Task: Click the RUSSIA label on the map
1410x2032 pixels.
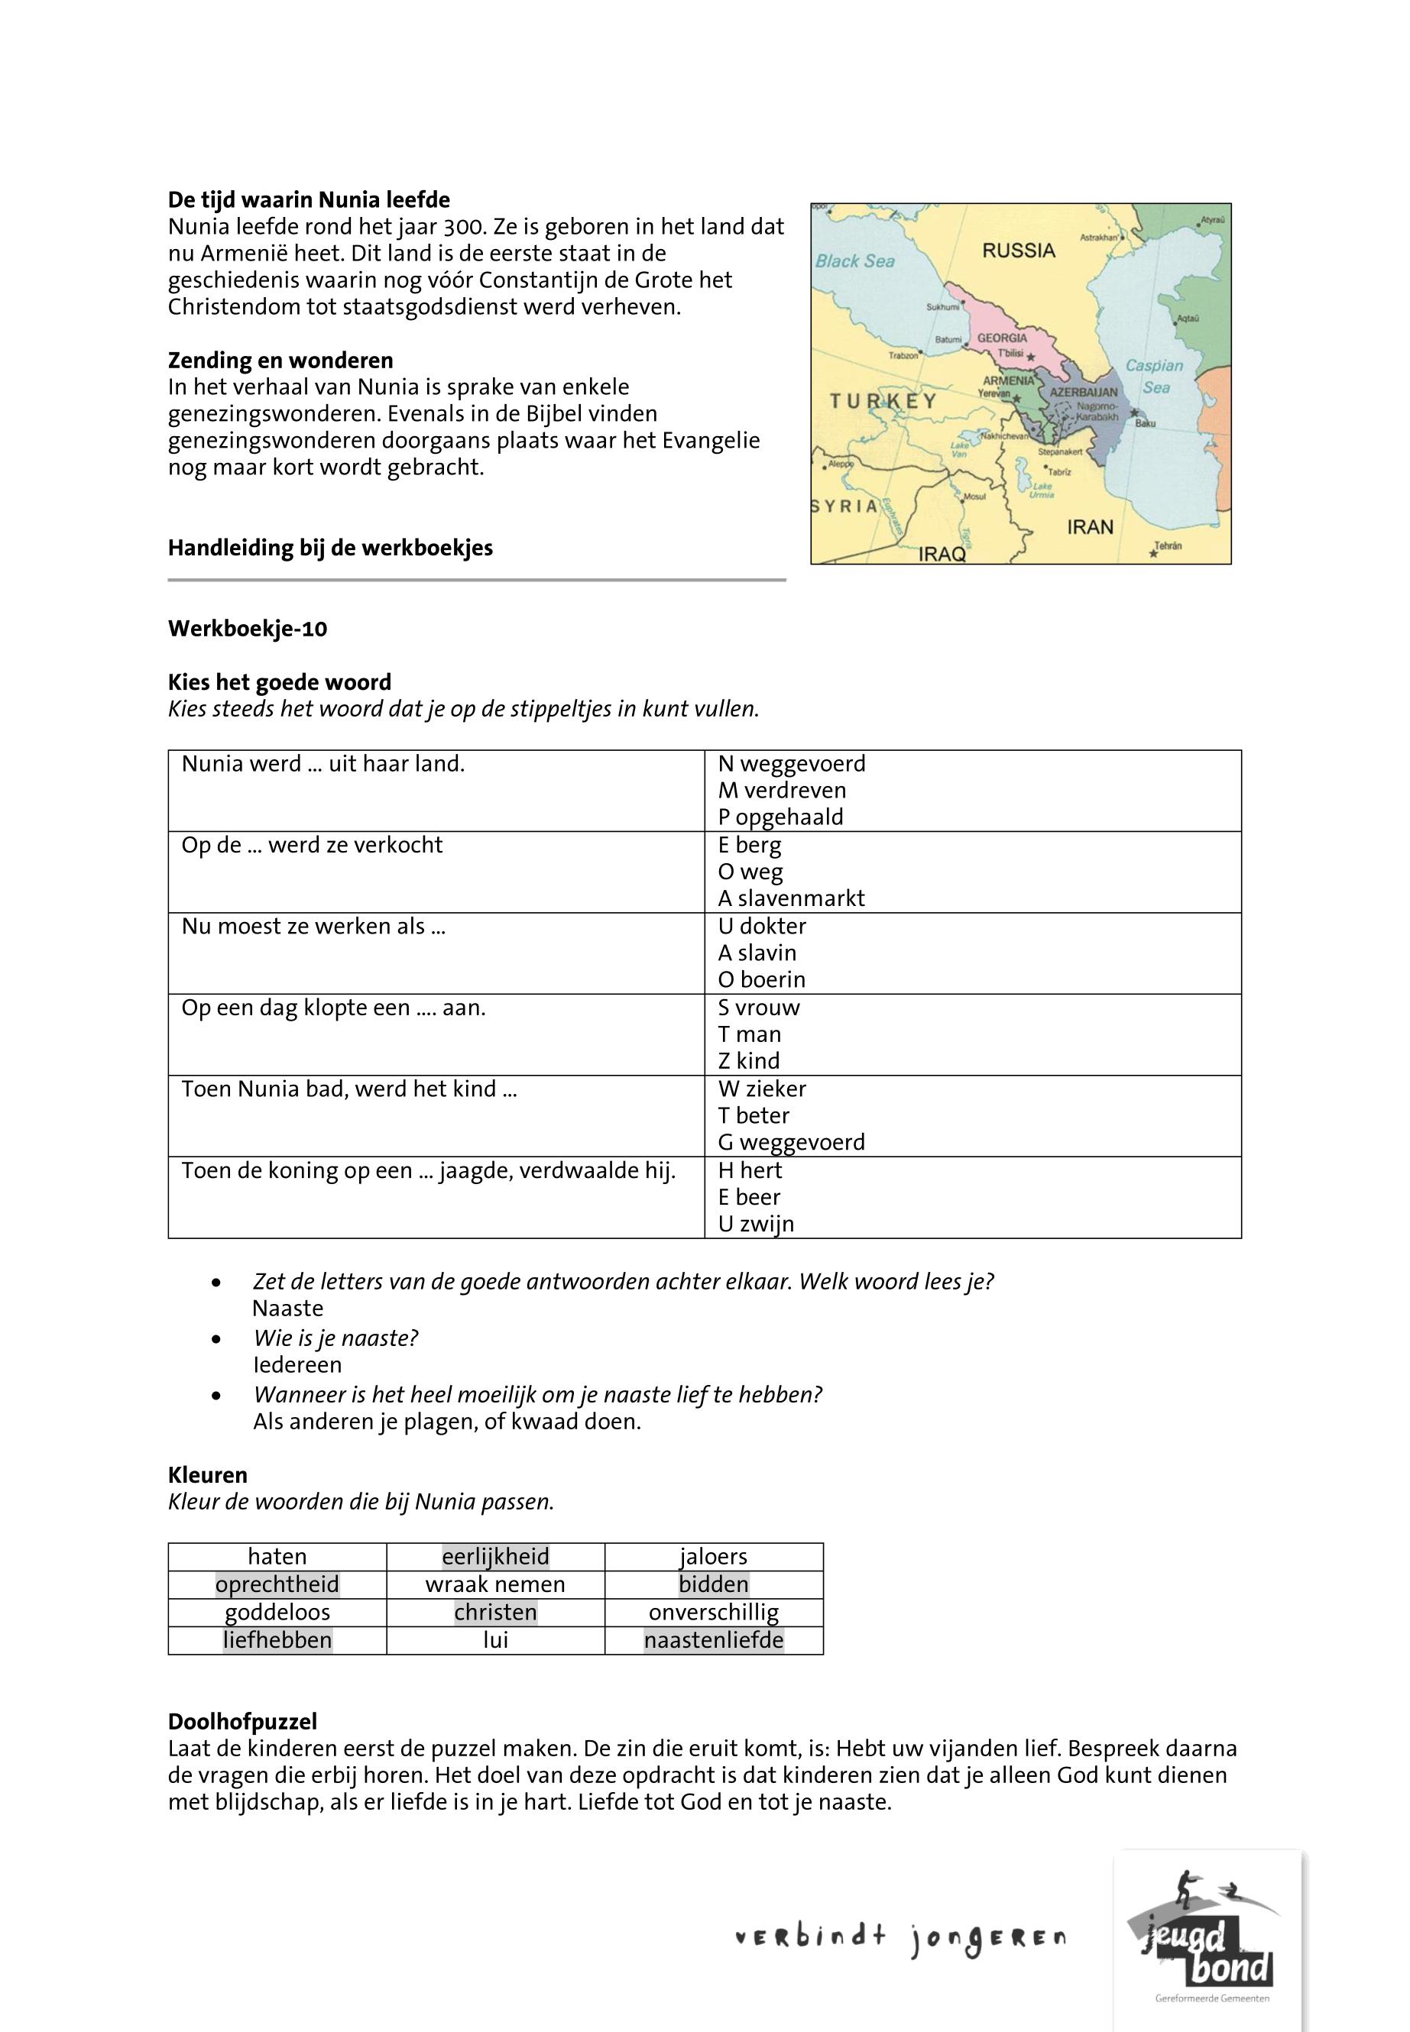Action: [x=1019, y=251]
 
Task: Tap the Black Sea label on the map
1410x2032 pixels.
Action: [x=854, y=261]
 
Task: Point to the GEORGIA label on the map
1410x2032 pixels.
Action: [x=1002, y=338]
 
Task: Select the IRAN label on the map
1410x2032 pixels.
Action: [x=1091, y=527]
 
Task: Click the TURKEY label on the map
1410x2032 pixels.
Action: [x=883, y=402]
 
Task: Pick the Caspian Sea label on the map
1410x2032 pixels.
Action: [x=1154, y=376]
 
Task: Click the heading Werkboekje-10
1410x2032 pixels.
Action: [x=248, y=629]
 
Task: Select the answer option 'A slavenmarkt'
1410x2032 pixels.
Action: [x=791, y=898]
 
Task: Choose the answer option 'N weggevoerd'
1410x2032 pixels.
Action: [x=792, y=764]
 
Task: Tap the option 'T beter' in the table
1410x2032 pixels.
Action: [x=754, y=1115]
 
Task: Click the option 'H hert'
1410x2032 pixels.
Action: [x=750, y=1170]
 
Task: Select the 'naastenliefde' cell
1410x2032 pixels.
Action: [x=714, y=1640]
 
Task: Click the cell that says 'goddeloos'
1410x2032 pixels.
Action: [x=277, y=1613]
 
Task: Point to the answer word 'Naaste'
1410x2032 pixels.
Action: [x=288, y=1308]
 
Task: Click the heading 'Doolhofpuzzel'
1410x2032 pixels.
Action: [x=242, y=1721]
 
